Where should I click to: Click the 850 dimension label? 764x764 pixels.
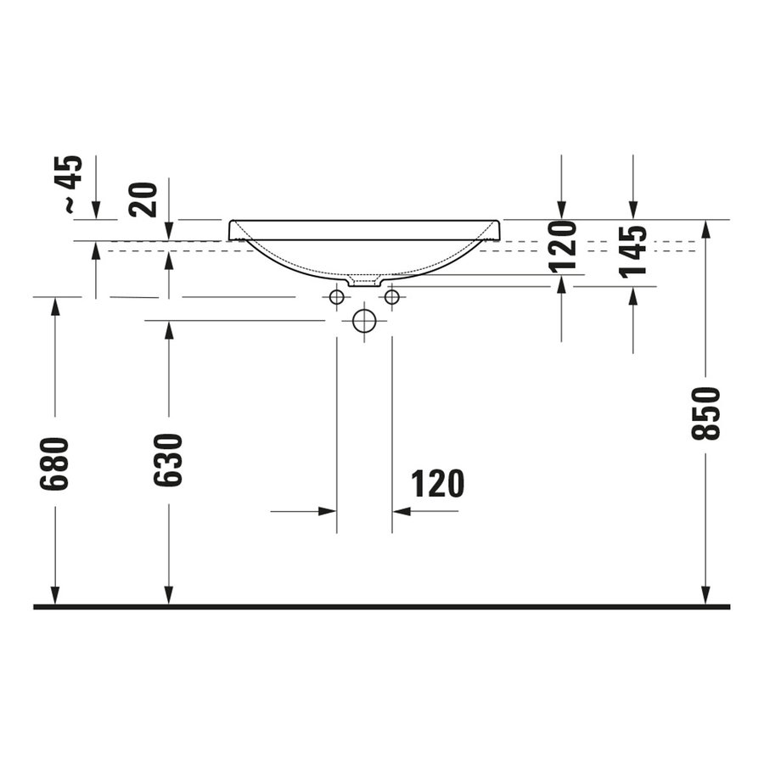pos(706,413)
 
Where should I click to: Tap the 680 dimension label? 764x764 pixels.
pos(54,463)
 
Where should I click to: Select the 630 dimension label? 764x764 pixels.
pos(168,459)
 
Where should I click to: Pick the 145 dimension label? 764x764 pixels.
pos(633,250)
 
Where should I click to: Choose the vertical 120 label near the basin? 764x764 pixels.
pos(562,246)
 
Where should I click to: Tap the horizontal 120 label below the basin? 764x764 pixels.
pos(438,484)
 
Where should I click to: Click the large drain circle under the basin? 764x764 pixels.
pos(364,321)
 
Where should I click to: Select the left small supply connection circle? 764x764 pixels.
pos(337,297)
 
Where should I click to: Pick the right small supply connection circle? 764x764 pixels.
pos(391,297)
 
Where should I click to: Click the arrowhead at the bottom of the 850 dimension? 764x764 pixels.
pos(705,597)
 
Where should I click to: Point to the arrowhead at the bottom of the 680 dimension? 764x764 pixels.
pos(55,597)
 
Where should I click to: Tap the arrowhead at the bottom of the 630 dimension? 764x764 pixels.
pos(169,597)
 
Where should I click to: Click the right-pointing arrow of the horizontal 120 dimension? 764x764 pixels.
pos(328,511)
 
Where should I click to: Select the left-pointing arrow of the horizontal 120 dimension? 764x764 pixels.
pos(402,511)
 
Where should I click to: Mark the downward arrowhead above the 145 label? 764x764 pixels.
pos(632,210)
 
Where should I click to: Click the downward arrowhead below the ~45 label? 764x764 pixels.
pos(96,210)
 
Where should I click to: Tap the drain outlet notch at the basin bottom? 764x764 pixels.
pos(364,281)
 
